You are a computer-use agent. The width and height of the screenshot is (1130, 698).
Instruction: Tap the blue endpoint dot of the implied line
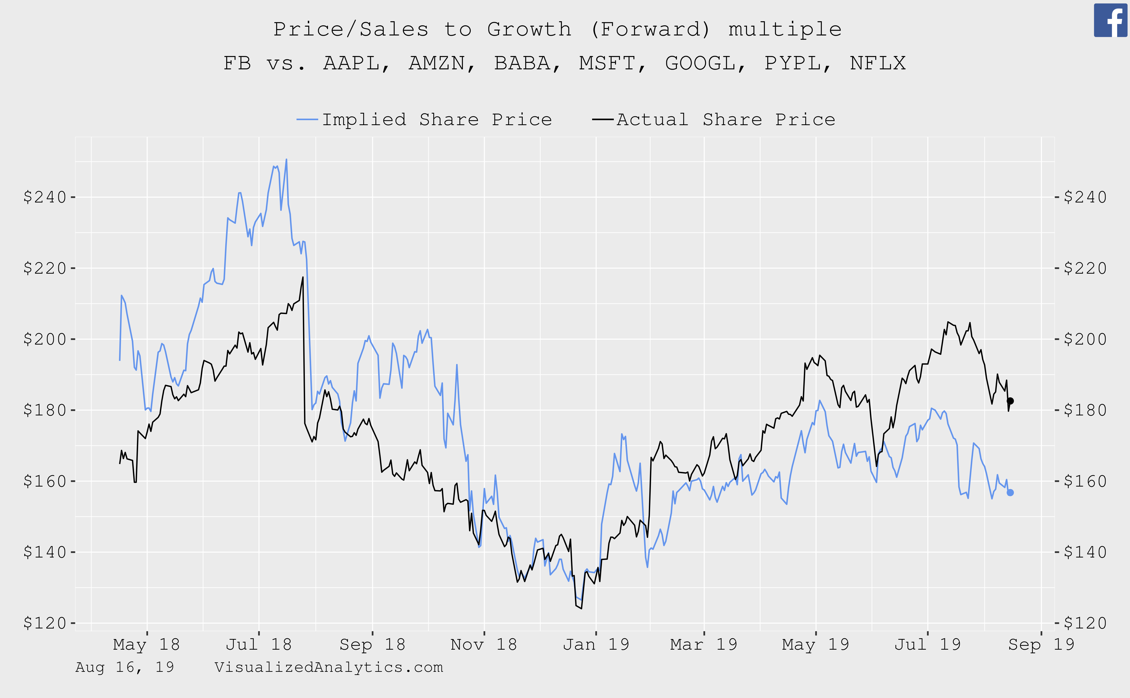click(1010, 493)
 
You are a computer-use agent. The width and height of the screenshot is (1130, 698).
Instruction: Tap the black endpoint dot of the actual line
click(1010, 401)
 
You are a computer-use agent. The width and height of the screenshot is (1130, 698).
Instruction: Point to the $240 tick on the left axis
click(45, 197)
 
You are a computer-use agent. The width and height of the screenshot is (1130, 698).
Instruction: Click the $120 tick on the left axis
click(45, 623)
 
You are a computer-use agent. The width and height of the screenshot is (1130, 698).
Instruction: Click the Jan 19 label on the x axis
click(596, 644)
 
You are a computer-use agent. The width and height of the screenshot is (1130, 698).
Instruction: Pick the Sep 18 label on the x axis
click(372, 644)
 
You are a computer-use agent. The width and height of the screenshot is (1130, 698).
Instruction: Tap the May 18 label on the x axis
click(146, 644)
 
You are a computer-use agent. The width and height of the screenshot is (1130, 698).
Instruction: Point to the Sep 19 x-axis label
click(1041, 644)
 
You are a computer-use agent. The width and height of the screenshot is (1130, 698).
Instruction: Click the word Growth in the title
click(529, 30)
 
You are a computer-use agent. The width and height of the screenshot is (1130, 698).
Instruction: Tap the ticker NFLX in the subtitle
click(877, 63)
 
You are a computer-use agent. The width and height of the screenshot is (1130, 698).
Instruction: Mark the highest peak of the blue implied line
click(286, 160)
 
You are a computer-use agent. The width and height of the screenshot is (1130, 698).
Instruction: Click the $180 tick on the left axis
click(45, 410)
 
